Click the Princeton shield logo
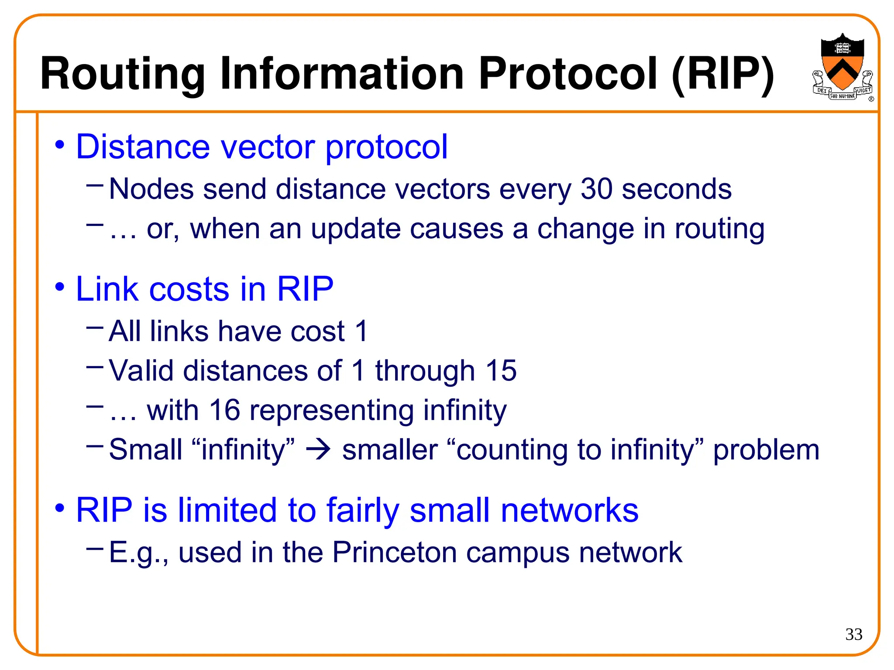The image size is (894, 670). tap(842, 65)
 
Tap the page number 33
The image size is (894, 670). tap(854, 634)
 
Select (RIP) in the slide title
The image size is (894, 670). tap(722, 74)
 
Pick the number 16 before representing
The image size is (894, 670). tap(224, 410)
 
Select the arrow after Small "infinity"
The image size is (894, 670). tap(318, 450)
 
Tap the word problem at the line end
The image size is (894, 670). tap(766, 450)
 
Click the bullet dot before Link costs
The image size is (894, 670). tap(60, 287)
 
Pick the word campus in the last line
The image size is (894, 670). tap(518, 553)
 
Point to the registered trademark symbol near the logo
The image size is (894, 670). tap(871, 99)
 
